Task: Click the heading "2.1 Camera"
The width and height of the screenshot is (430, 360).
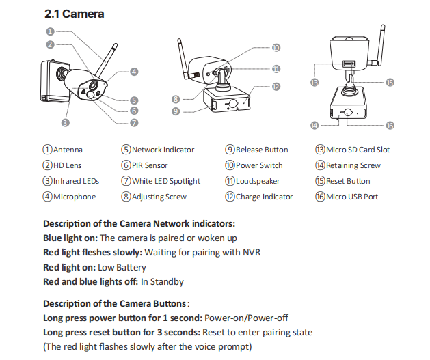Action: [x=74, y=14]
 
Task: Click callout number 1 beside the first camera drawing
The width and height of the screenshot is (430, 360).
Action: [x=50, y=31]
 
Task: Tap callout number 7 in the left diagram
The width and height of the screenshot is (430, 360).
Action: [x=134, y=122]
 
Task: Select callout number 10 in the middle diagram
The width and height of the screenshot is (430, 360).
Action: [x=276, y=48]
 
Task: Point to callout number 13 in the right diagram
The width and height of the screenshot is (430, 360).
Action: [x=314, y=82]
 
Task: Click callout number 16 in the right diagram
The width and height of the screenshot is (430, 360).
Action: [x=390, y=125]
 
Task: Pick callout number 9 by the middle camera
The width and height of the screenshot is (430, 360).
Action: [x=176, y=111]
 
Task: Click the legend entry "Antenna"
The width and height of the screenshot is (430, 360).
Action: [x=68, y=150]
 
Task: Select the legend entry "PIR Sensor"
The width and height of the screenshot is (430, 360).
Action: [x=150, y=165]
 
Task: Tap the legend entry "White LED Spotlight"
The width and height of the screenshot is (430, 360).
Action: [x=166, y=181]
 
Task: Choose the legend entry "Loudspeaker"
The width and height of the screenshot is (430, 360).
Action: [x=258, y=181]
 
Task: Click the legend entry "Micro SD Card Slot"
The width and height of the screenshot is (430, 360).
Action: [x=358, y=150]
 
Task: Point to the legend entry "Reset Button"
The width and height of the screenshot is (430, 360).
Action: [x=348, y=181]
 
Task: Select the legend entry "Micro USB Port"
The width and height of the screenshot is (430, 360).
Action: [x=352, y=197]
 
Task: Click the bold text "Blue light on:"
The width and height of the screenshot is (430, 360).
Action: [x=70, y=238]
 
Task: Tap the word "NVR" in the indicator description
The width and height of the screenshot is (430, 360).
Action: [x=252, y=252]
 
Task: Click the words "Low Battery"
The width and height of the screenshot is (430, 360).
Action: [x=122, y=267]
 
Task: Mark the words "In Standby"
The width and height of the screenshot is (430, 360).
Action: [x=162, y=281]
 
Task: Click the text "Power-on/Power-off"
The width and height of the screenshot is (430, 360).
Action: [x=246, y=318]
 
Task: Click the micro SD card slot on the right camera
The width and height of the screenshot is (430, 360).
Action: [x=349, y=64]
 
